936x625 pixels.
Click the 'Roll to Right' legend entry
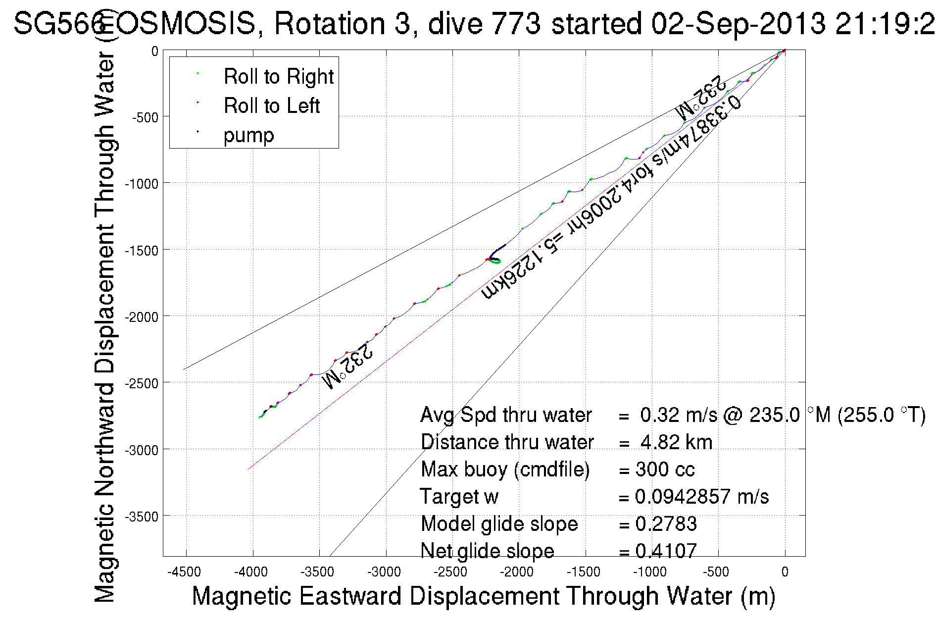278,77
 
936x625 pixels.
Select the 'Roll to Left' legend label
271,106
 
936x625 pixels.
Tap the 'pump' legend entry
248,135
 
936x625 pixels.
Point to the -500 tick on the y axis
145,117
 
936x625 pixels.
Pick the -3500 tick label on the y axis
142,517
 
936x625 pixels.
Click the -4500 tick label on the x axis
184,572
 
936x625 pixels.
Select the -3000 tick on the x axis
384,572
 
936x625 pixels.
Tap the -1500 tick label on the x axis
584,572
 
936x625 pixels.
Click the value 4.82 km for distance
676,442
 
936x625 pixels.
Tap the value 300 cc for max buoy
665,469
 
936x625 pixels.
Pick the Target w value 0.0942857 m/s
702,497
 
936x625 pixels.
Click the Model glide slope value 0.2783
666,524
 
